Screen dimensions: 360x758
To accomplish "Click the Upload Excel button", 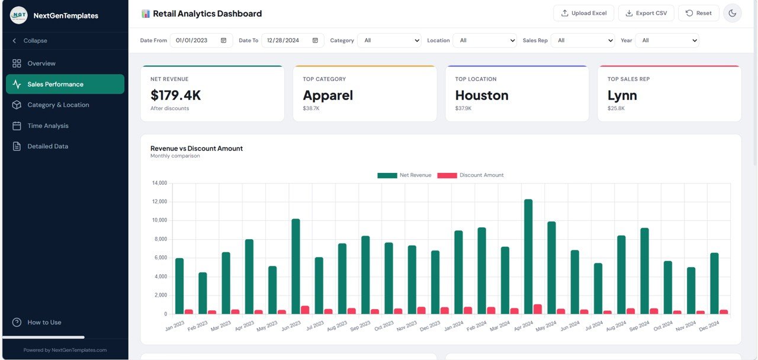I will coord(584,13).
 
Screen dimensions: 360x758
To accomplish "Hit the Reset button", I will coord(698,13).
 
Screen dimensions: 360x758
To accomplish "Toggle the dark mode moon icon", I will coord(732,13).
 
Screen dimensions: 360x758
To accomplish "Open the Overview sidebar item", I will coord(41,63).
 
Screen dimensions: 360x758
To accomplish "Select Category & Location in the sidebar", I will coord(58,105).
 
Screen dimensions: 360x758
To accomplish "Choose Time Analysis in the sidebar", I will coord(48,126).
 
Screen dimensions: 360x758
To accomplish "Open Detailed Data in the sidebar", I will coord(48,146).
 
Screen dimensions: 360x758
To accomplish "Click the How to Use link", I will coord(44,322).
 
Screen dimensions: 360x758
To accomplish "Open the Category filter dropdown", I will coord(389,40).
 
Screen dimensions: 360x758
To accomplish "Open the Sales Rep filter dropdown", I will coord(583,40).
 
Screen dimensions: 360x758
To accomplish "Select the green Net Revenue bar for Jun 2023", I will coord(296,266).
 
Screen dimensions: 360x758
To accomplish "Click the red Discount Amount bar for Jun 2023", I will coord(305,310).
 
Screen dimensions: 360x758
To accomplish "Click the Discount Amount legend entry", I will coord(471,175).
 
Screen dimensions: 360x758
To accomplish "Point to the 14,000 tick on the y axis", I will coord(160,183).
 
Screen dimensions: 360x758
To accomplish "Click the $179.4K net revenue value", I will coord(176,95).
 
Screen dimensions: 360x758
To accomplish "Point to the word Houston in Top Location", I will coord(481,95).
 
